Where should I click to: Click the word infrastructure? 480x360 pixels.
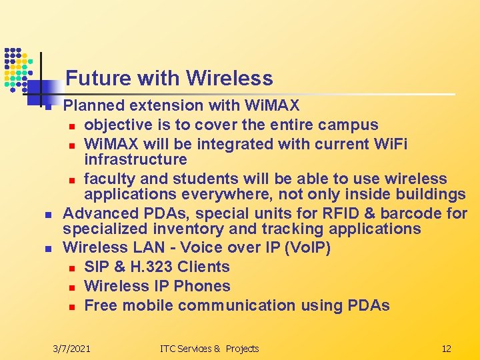[135, 159]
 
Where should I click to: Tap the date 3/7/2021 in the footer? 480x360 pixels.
[72, 349]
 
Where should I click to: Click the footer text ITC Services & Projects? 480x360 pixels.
[209, 349]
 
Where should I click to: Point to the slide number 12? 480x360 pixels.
[446, 349]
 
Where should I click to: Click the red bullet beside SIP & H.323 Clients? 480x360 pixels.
[72, 268]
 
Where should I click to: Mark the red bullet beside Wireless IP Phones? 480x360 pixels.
[72, 287]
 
